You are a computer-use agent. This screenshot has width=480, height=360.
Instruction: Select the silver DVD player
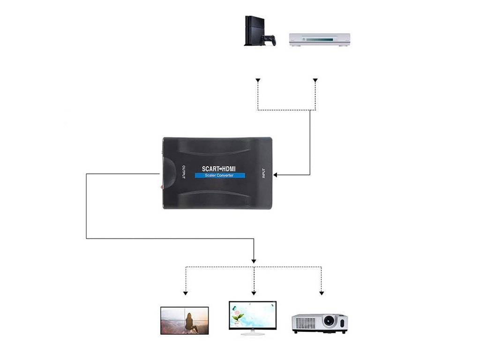[319, 39]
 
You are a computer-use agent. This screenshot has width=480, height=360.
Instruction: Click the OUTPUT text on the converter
[183, 172]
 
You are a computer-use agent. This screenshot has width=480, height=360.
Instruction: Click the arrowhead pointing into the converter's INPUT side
[276, 175]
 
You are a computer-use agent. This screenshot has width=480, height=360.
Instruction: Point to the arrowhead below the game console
[257, 81]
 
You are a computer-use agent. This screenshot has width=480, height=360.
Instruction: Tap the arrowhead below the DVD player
[315, 81]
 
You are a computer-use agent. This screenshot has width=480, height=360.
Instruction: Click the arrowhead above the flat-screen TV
[186, 293]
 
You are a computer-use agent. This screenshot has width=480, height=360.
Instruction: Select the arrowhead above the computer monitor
[254, 293]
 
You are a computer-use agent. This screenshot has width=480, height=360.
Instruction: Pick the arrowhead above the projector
[322, 293]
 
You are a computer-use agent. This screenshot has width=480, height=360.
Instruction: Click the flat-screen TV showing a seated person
[184, 321]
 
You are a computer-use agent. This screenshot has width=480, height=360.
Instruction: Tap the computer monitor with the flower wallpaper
[253, 314]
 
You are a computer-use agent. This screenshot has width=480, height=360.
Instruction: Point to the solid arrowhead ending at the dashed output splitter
[254, 261]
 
